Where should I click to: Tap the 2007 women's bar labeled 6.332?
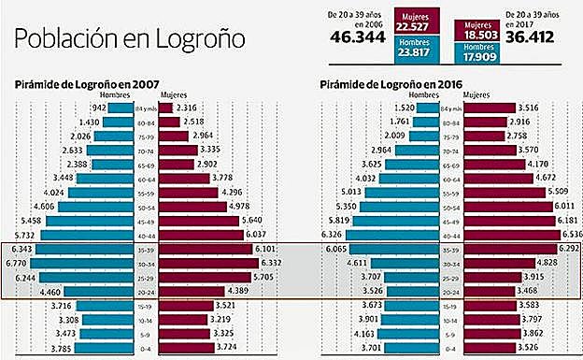pos(214,265)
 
